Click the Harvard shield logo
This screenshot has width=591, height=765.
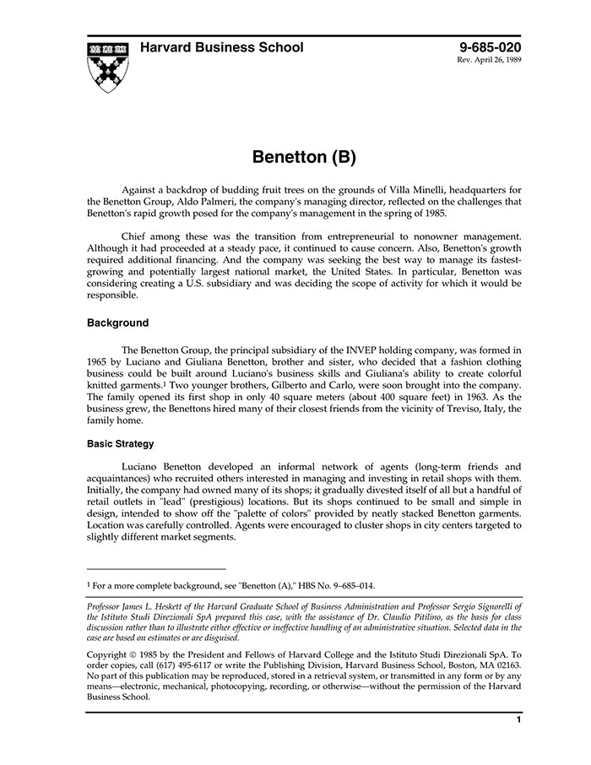106,66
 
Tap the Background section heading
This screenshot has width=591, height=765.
117,323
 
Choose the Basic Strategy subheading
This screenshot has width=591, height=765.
120,443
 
